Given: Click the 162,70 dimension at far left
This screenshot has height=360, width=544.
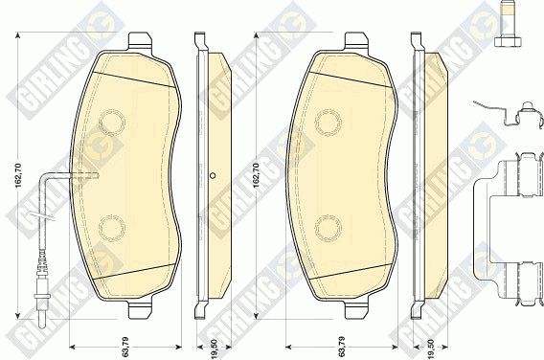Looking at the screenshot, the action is [18, 175].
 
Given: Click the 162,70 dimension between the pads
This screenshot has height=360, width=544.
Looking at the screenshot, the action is [257, 175].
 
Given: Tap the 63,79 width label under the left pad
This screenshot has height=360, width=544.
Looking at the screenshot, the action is [125, 347].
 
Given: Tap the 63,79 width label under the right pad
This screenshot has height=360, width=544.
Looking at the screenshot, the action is [342, 347].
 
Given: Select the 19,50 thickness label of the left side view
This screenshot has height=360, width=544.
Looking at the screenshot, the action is [215, 349].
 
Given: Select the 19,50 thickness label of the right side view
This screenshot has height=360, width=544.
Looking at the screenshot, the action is [431, 349].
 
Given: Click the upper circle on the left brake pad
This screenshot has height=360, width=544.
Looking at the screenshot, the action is [112, 122].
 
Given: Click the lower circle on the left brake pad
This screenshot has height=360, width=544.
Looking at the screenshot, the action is [112, 228].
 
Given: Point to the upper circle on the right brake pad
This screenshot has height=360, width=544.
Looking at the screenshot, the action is [329, 122].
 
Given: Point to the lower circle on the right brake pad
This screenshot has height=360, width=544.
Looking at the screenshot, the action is [329, 228].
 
